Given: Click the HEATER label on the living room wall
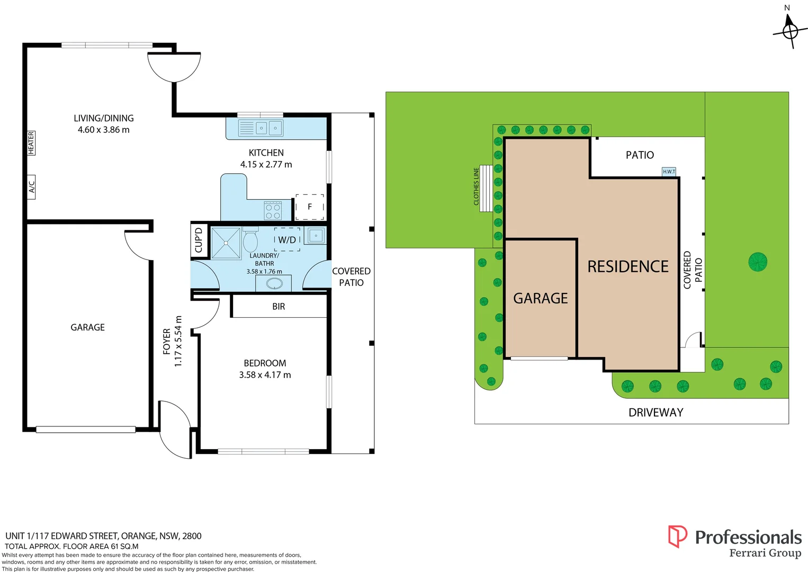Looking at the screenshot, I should (x=31, y=143).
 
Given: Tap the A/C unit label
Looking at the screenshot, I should (x=31, y=187).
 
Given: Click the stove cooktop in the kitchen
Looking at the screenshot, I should (x=273, y=211).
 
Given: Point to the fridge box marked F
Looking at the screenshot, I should (x=310, y=207).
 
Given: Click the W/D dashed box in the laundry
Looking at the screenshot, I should (x=287, y=239).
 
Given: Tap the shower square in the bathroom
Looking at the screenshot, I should (x=226, y=243).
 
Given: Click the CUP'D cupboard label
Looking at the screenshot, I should (x=199, y=240).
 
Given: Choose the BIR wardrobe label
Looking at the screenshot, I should (x=279, y=307).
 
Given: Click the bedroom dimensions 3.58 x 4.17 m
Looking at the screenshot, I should (x=265, y=375).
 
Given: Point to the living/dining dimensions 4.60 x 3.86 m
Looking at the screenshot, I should (x=103, y=130).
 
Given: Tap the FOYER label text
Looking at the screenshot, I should (x=167, y=341).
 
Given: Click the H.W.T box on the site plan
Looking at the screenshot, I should (x=669, y=172).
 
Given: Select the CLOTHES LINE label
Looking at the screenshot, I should (x=476, y=186).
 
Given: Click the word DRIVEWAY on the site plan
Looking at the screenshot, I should (x=656, y=413).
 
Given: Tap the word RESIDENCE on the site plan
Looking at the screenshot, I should (x=628, y=266).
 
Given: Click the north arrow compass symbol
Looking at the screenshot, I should (x=789, y=30).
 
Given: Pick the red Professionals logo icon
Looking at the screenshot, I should (x=677, y=536).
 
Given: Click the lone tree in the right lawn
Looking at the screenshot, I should (x=758, y=262).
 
